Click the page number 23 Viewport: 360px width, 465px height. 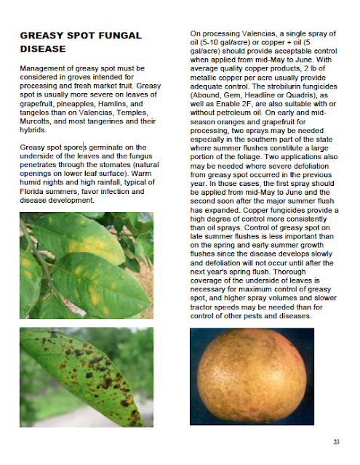[x=336, y=442]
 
